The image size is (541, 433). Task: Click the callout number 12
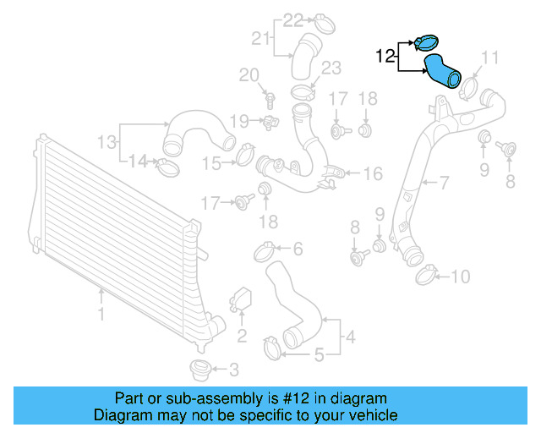click(385, 57)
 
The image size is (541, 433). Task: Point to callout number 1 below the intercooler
click(101, 315)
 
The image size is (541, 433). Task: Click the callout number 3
click(233, 370)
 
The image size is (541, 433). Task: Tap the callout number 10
click(460, 276)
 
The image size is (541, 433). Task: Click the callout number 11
click(491, 58)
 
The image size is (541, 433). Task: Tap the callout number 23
click(331, 68)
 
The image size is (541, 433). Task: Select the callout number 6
click(297, 249)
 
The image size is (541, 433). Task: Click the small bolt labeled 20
click(270, 99)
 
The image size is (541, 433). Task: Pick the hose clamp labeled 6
click(265, 250)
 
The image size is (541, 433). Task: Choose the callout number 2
click(241, 337)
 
